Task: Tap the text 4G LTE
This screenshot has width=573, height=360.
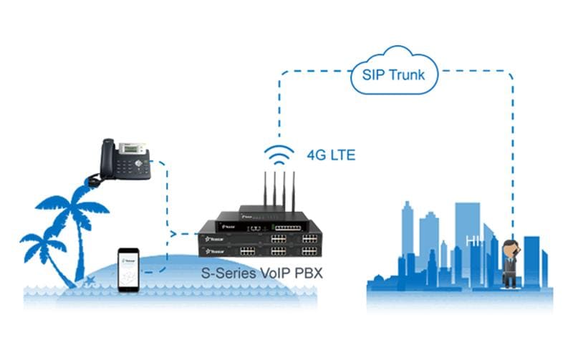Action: [331, 153]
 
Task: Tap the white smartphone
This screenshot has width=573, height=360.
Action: [129, 268]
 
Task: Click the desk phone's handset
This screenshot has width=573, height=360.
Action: [107, 162]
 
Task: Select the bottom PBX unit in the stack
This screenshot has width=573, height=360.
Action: [261, 250]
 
